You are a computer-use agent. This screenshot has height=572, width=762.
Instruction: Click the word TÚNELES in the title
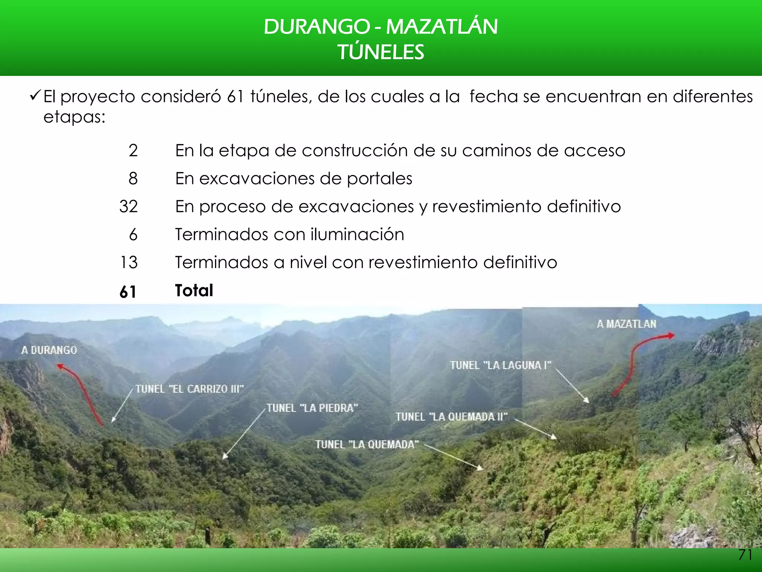(x=381, y=52)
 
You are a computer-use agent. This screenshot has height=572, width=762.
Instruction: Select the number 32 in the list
(x=129, y=206)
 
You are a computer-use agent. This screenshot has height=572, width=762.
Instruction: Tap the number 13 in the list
(x=129, y=262)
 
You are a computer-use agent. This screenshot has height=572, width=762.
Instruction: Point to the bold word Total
(x=194, y=290)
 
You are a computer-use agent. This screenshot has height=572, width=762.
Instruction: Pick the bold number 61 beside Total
(x=128, y=292)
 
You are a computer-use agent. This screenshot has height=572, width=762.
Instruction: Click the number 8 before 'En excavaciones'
(x=133, y=178)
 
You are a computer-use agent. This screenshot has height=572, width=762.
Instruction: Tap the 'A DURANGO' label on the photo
(x=49, y=350)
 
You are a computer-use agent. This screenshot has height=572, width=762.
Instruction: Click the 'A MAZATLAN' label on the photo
(x=627, y=324)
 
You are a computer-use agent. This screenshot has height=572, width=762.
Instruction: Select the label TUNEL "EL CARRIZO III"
(x=189, y=389)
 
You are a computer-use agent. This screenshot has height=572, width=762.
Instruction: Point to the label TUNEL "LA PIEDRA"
(x=312, y=408)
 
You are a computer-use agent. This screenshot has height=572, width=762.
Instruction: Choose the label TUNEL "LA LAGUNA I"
(x=500, y=365)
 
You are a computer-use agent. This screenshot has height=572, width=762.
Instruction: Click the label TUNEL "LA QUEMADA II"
(x=451, y=416)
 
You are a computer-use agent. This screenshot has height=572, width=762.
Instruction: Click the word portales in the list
(x=380, y=179)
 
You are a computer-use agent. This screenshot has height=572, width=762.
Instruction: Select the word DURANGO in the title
(x=316, y=27)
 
